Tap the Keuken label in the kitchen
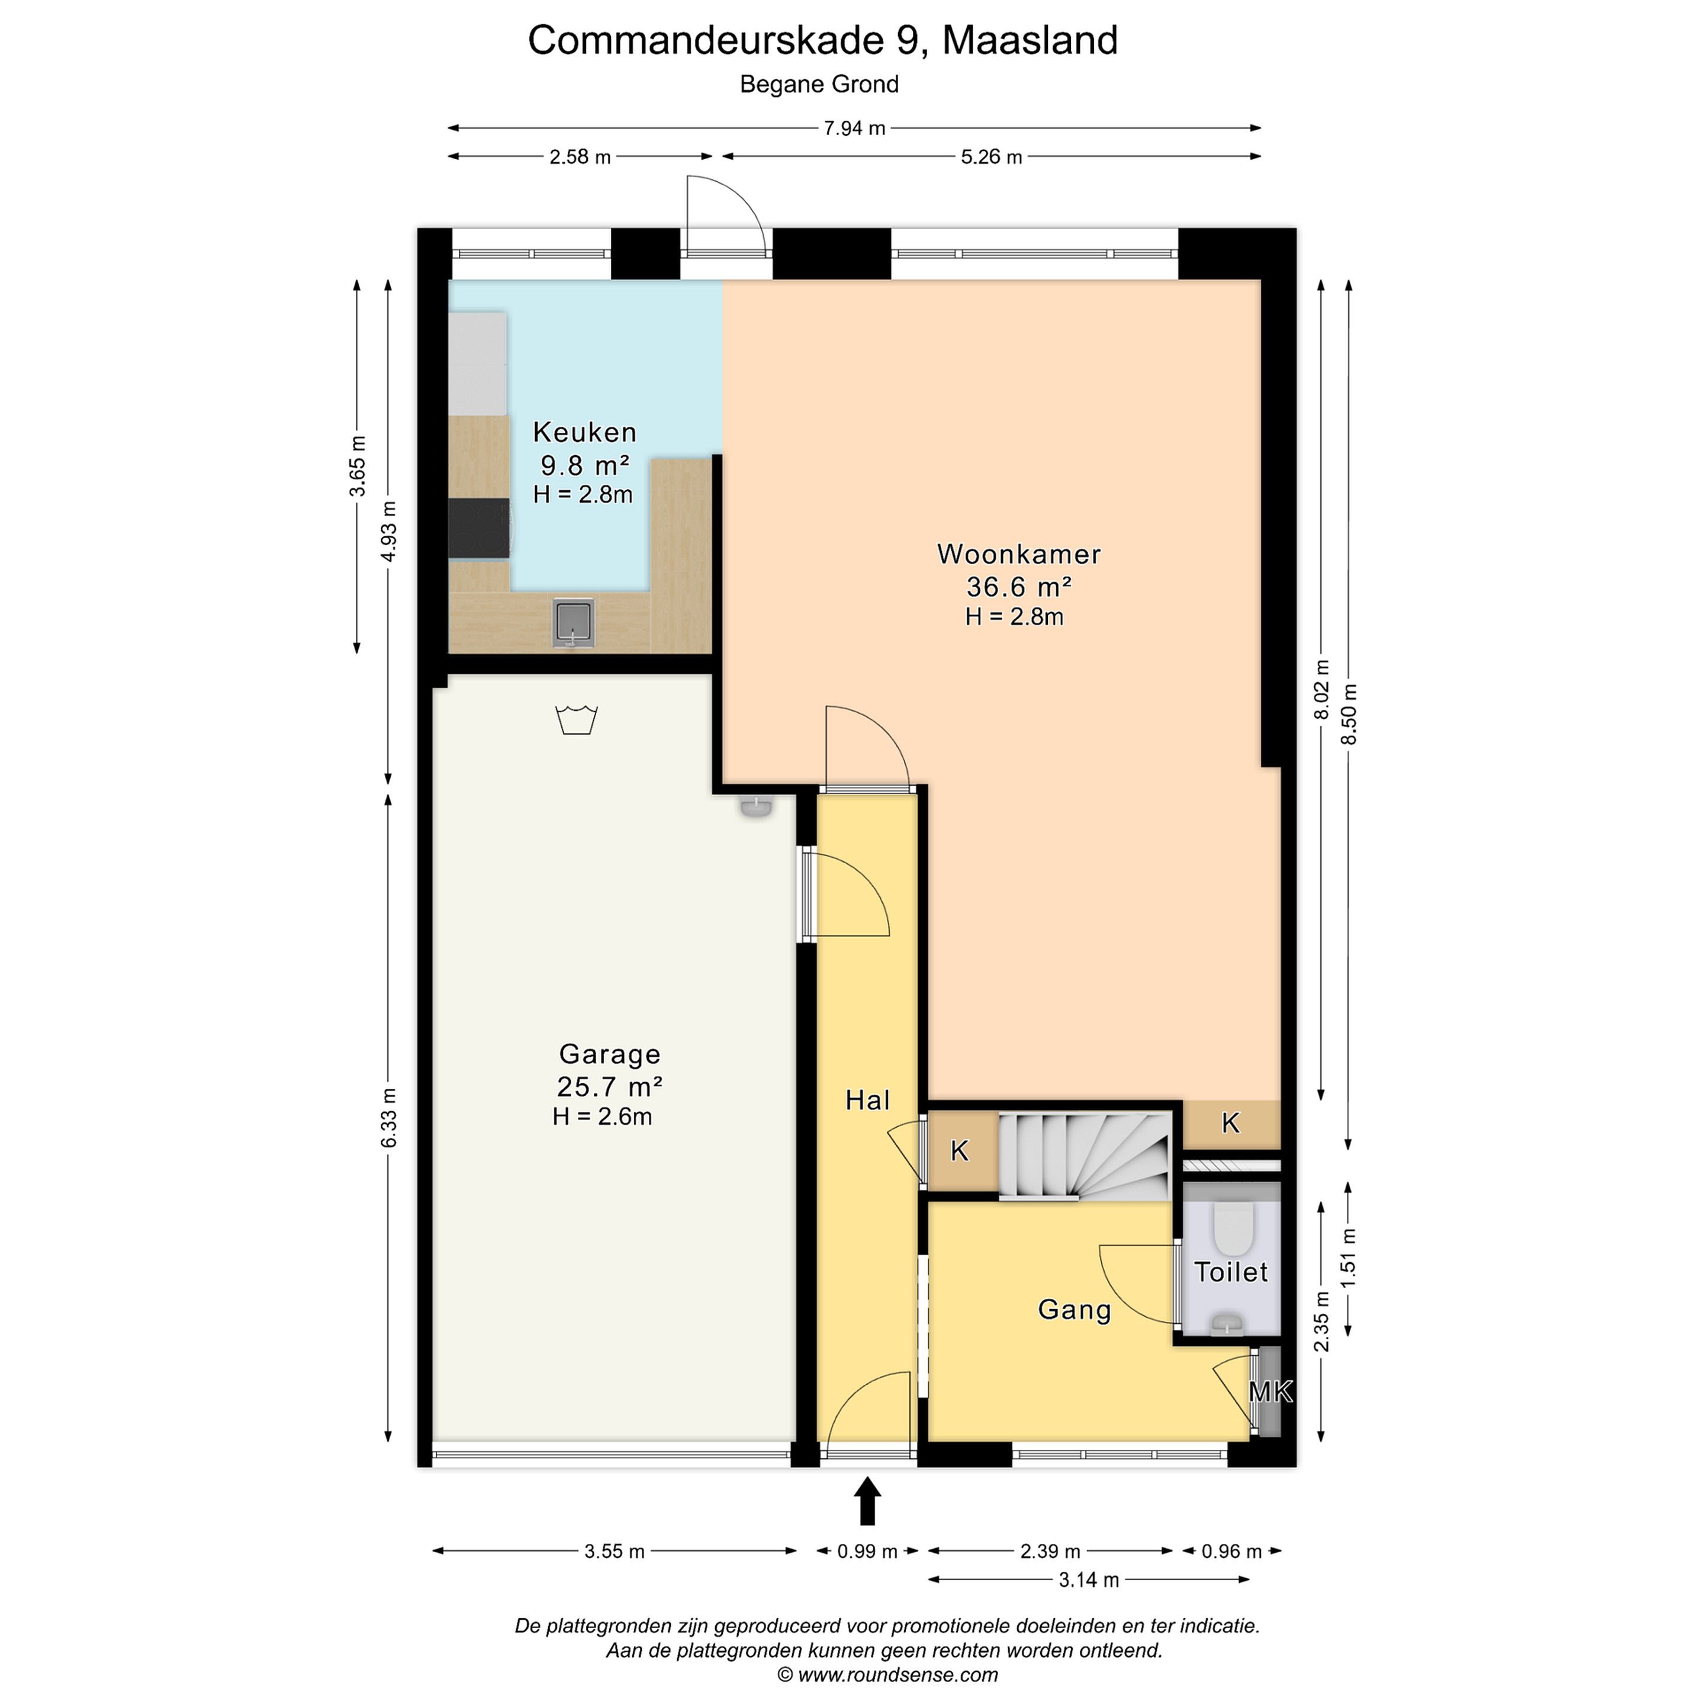pos(584,432)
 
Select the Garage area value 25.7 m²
pos(609,1086)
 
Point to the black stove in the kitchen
pos(479,527)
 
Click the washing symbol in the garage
pos(576,719)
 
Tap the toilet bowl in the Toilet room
pos(1233,1230)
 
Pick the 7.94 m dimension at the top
pos(854,128)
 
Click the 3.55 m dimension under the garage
pos(615,1550)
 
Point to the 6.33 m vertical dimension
pos(388,1118)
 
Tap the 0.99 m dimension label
pos(867,1550)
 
